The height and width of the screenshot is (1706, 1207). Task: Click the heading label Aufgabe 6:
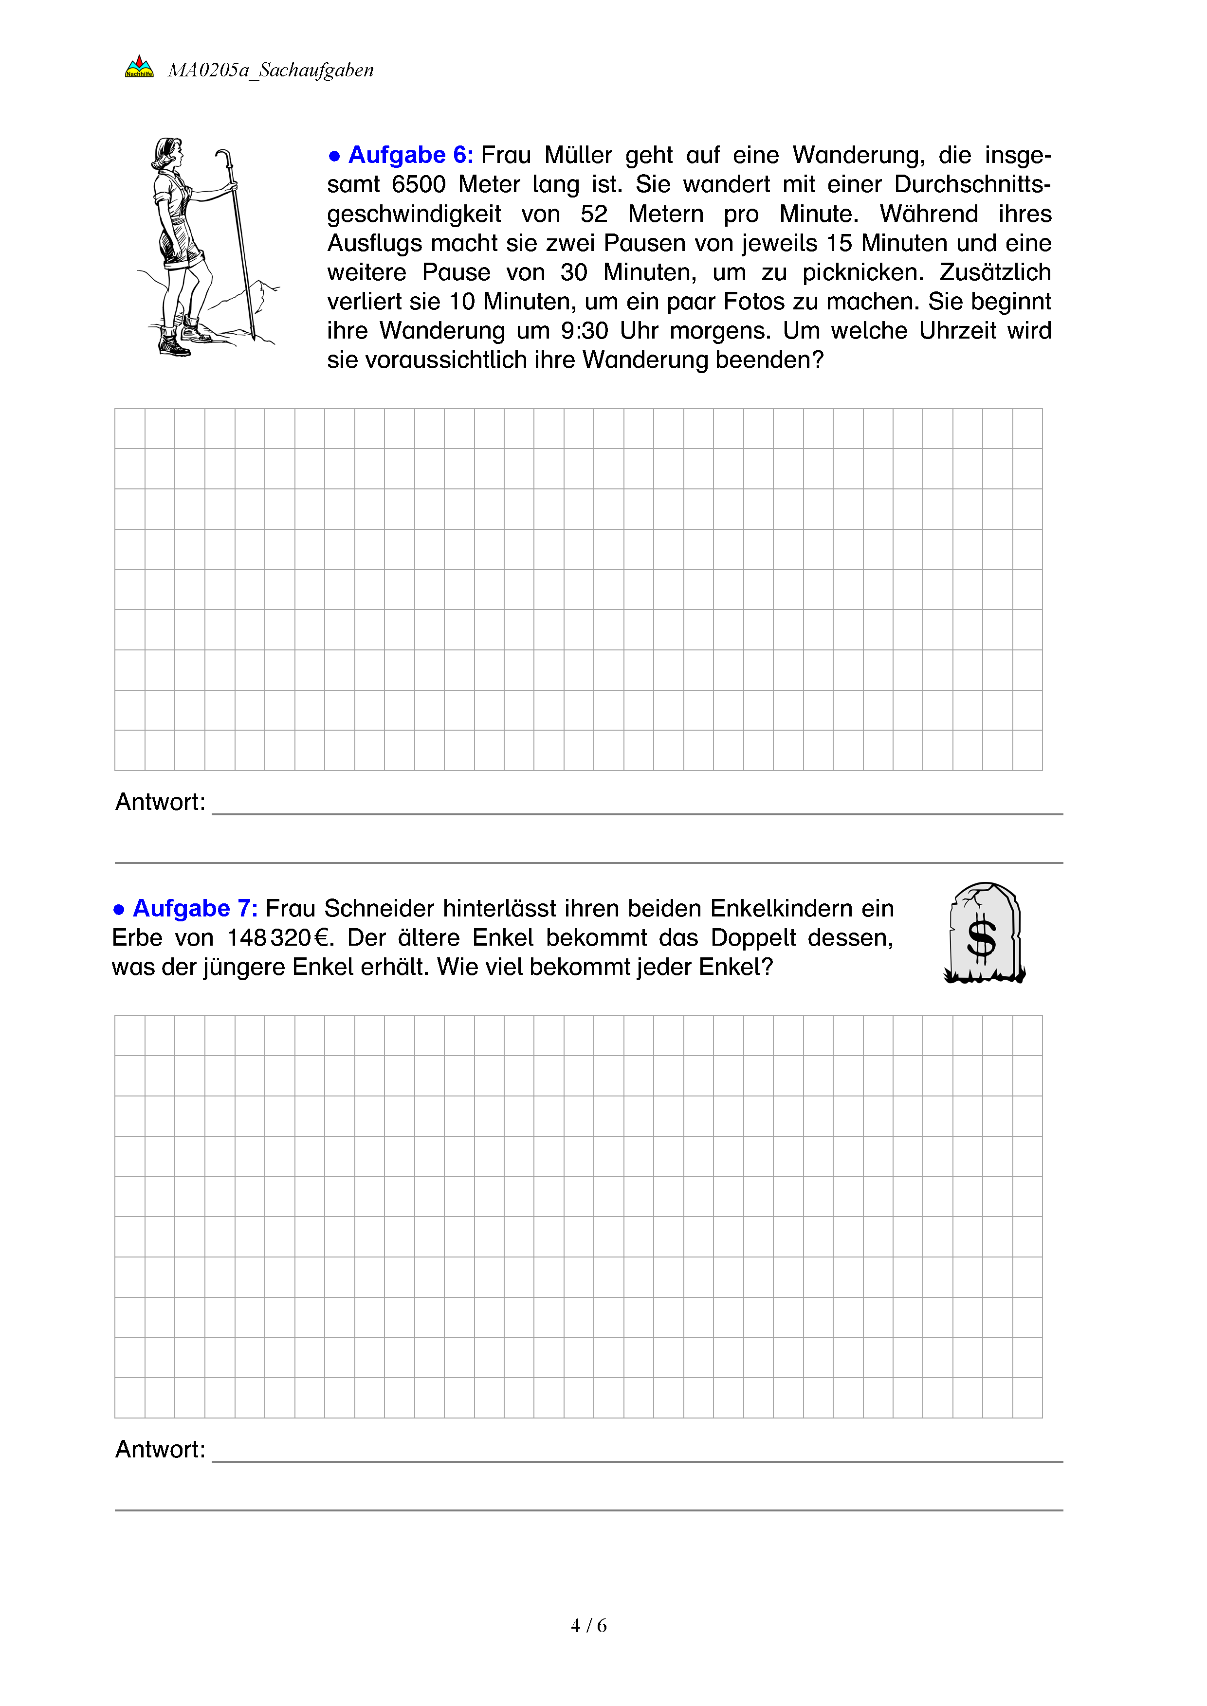(410, 155)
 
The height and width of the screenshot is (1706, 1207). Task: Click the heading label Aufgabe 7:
(195, 909)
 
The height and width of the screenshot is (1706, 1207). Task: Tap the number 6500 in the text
(419, 184)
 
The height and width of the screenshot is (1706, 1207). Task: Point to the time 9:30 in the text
(585, 331)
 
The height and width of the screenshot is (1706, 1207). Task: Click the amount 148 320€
(279, 938)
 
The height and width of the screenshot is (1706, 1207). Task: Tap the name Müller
(578, 155)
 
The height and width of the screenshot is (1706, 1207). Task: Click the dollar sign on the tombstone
(981, 940)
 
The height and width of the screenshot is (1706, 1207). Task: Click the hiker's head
(169, 153)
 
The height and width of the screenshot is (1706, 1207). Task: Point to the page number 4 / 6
(588, 1626)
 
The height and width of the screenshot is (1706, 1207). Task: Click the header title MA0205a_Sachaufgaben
(271, 71)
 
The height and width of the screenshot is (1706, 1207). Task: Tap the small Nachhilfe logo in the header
(139, 68)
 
